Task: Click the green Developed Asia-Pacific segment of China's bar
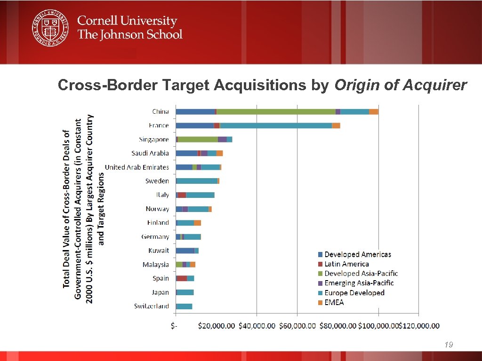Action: pyautogui.click(x=276, y=111)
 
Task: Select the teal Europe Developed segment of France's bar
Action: pyautogui.click(x=276, y=126)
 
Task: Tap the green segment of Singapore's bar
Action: pyautogui.click(x=198, y=140)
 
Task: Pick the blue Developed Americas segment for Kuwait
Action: pyautogui.click(x=185, y=251)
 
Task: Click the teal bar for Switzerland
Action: pyautogui.click(x=184, y=306)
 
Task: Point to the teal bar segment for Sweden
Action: pyautogui.click(x=197, y=181)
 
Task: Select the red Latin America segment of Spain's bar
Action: pyautogui.click(x=182, y=278)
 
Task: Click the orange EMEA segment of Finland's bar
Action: pyautogui.click(x=197, y=223)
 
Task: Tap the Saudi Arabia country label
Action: pyautogui.click(x=150, y=153)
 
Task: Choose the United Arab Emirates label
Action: pyautogui.click(x=137, y=167)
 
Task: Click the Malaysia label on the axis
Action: pyautogui.click(x=156, y=265)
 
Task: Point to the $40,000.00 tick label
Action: pyautogui.click(x=257, y=326)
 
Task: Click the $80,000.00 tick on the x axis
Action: pyautogui.click(x=337, y=326)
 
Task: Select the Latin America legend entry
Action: pyautogui.click(x=346, y=264)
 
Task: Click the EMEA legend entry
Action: pyautogui.click(x=334, y=302)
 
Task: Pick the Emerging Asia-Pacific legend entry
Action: pyautogui.click(x=359, y=283)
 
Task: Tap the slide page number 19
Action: pyautogui.click(x=449, y=345)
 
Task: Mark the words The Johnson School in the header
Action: pyautogui.click(x=129, y=34)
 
